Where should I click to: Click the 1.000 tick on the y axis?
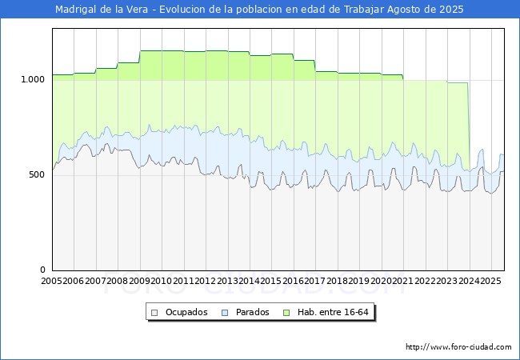[33, 79]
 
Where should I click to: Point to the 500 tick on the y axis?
[37, 174]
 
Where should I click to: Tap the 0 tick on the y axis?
[42, 270]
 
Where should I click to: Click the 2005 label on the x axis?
[51, 281]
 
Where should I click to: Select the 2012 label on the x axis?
[205, 281]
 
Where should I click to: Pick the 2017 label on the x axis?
[314, 281]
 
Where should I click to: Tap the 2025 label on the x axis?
[490, 281]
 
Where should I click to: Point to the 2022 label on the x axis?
[425, 281]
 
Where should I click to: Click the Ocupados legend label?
[186, 312]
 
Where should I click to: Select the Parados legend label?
[252, 312]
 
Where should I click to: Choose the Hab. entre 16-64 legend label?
[333, 312]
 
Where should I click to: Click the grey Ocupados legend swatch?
[154, 313]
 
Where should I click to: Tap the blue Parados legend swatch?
[225, 313]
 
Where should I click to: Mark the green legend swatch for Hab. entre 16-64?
[286, 313]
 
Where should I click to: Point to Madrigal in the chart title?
[76, 10]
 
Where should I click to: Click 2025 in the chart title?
[451, 10]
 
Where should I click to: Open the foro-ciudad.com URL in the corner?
[458, 347]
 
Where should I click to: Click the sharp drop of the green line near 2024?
[469, 126]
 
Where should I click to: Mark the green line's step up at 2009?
[140, 57]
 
